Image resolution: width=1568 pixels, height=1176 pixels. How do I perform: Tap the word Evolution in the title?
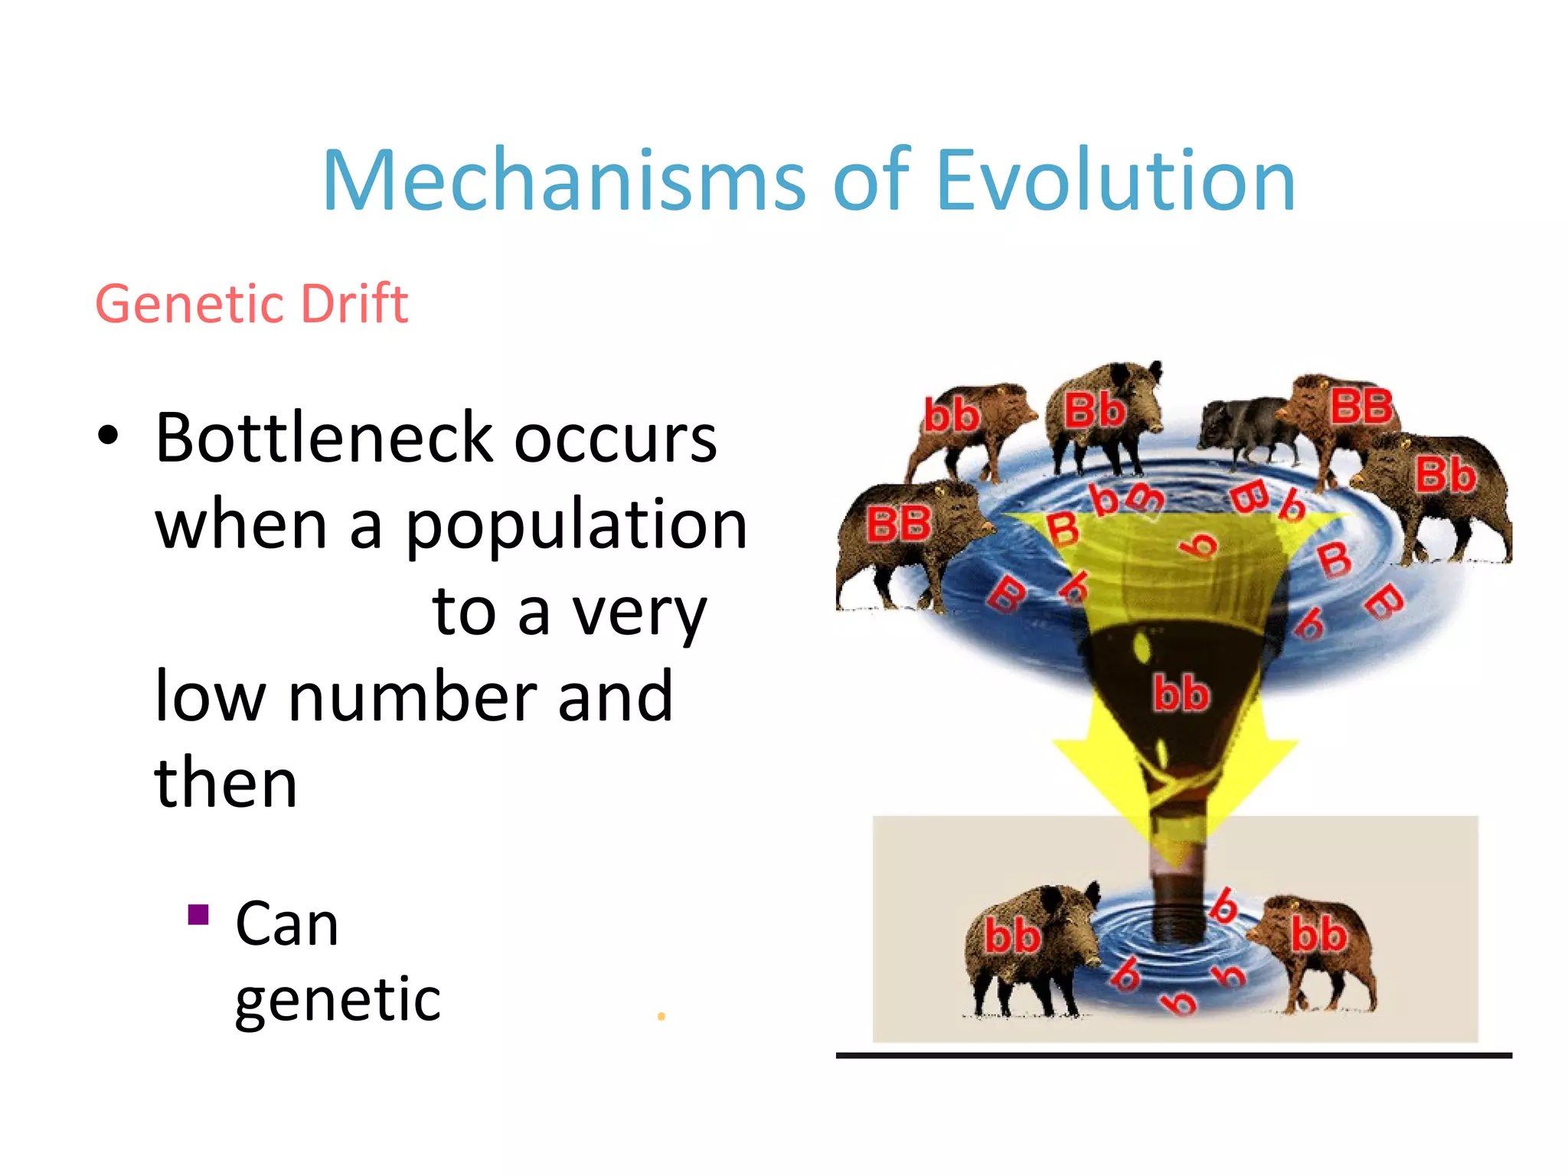coord(1116,181)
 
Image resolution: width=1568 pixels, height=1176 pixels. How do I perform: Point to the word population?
coord(576,525)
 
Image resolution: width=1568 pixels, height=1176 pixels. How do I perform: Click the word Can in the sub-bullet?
coord(287,924)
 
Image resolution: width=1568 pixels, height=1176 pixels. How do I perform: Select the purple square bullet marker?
coord(198,915)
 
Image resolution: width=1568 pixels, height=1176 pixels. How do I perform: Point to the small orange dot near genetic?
coord(661,1017)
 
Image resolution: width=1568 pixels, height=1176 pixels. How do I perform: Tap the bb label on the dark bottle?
coord(1181,693)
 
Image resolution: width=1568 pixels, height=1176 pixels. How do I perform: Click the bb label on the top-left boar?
coord(951,416)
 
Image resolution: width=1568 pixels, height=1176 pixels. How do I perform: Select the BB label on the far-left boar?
coord(898,525)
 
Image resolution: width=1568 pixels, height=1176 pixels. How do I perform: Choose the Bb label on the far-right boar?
coord(1445,475)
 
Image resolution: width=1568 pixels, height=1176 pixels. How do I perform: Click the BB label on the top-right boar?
coord(1361,407)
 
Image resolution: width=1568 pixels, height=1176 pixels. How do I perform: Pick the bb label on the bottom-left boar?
coord(1011,936)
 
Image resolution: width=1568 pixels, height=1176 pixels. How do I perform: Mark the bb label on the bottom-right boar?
coord(1318,935)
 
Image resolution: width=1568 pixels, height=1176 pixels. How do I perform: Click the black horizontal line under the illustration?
coord(1174,1056)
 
